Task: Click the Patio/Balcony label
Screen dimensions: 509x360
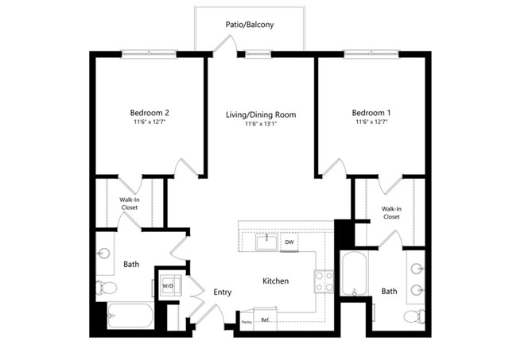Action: coord(250,25)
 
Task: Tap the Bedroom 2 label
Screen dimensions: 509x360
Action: coord(150,113)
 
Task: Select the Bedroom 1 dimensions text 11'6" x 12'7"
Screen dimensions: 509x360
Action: coord(372,122)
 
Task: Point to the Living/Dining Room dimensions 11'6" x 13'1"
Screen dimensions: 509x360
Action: coord(261,123)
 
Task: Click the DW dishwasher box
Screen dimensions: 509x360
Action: coord(289,242)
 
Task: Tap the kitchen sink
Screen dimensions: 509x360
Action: coord(266,242)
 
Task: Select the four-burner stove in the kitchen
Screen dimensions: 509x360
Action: coord(324,281)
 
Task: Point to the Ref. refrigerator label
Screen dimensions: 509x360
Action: coord(265,320)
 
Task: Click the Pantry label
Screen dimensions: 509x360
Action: coord(247,322)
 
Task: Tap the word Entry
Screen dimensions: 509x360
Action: coord(223,292)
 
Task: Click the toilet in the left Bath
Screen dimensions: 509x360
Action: coord(106,288)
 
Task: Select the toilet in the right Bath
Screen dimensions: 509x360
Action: coord(414,316)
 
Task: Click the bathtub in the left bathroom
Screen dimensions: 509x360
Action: coord(130,315)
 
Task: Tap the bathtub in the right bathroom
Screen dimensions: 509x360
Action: coord(355,274)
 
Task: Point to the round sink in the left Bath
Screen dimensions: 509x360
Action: coord(104,253)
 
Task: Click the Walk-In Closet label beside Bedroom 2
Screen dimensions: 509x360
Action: coord(130,203)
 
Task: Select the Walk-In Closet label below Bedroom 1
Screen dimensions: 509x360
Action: coord(391,213)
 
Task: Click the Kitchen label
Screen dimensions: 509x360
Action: coord(275,281)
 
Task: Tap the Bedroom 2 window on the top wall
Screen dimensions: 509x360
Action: coord(149,53)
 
